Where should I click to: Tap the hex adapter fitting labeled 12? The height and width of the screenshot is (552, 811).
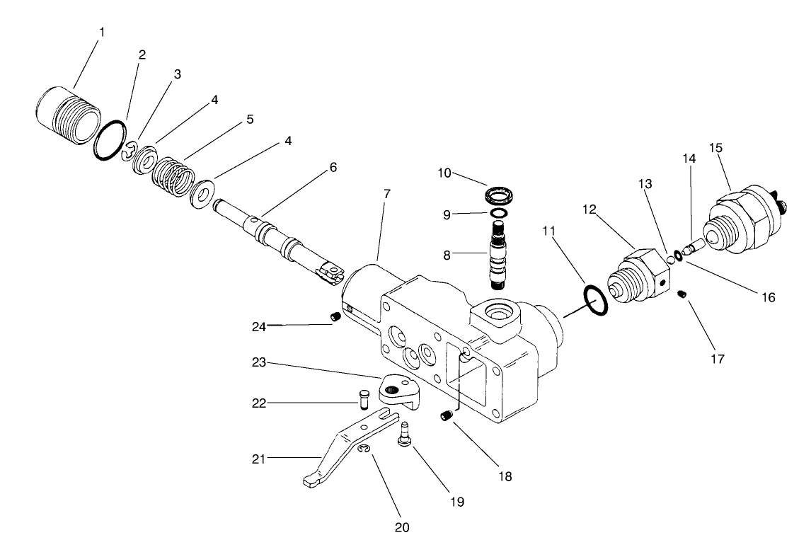[x=635, y=275]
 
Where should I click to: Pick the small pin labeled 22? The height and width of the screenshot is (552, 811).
[x=365, y=399]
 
